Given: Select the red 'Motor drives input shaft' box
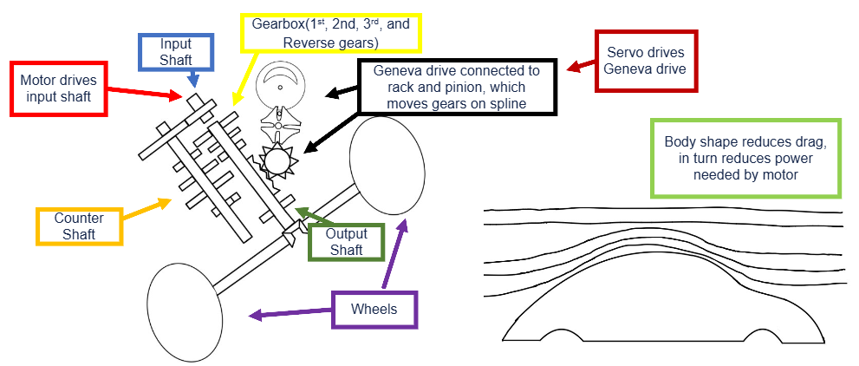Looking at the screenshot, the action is click(x=58, y=88).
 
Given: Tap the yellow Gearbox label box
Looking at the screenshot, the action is click(x=331, y=34).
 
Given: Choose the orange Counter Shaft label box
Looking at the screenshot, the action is click(x=79, y=226).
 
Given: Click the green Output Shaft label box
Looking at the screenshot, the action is click(x=346, y=241).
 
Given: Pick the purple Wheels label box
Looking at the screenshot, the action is click(x=374, y=310).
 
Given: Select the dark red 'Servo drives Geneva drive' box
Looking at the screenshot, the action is click(x=646, y=61).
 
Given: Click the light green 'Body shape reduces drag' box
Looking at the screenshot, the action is click(x=745, y=158).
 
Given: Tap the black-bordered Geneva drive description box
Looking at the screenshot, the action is click(x=456, y=87).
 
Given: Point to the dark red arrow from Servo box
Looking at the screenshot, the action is click(x=581, y=66).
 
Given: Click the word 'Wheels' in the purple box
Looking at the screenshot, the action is click(x=374, y=309).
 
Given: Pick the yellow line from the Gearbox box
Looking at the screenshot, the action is click(x=245, y=78).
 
